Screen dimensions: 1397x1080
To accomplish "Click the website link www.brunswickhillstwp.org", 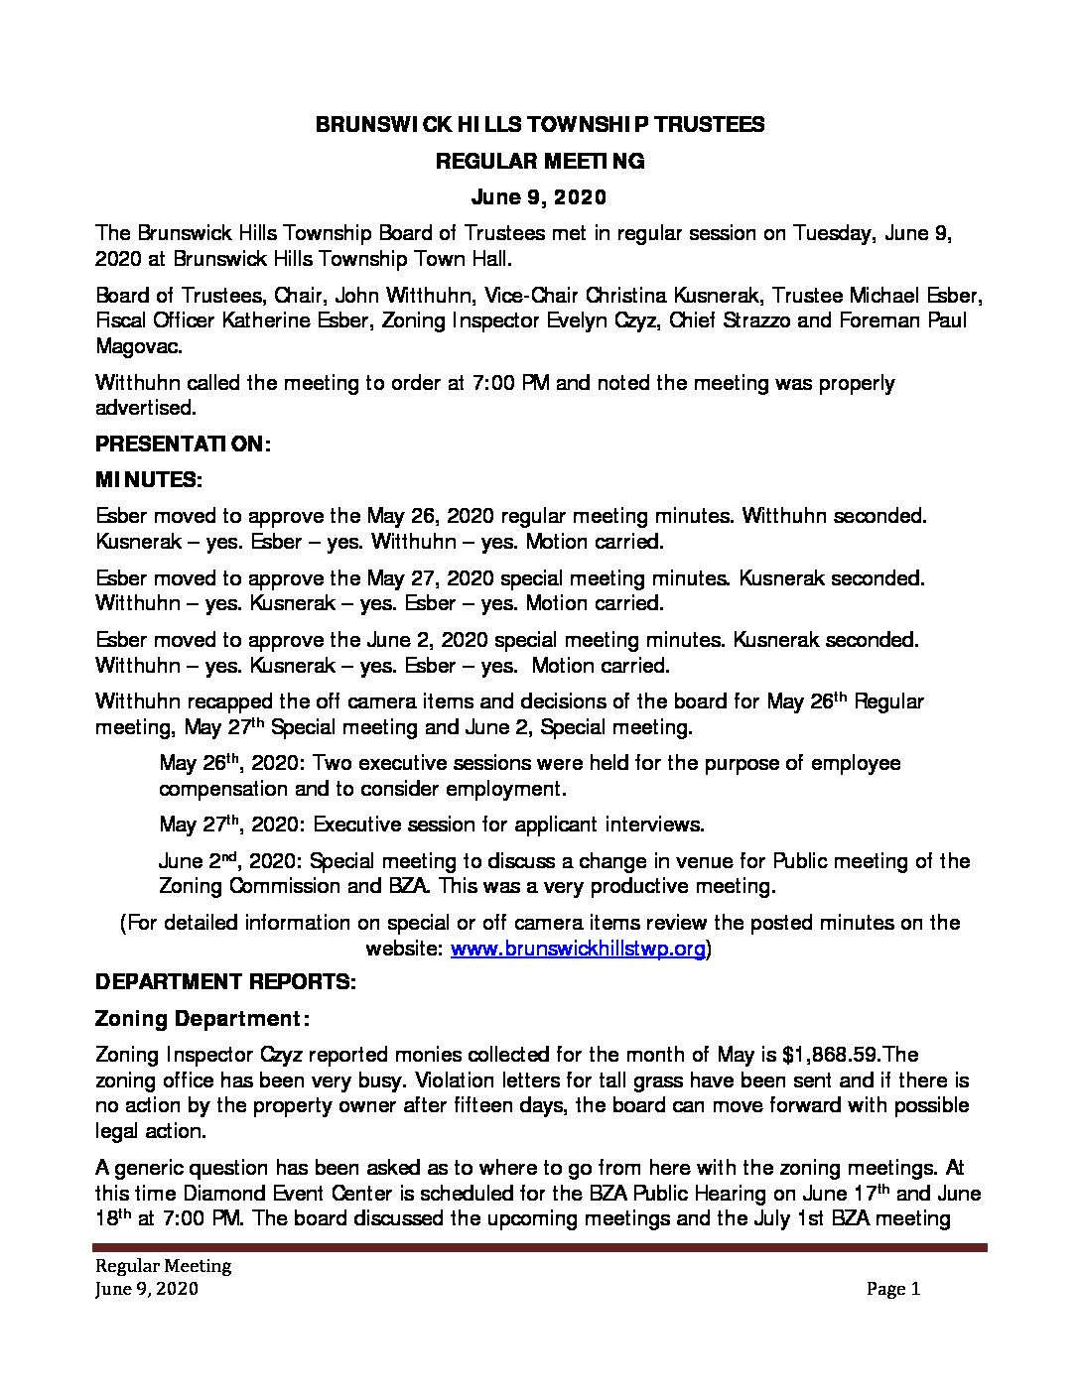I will tap(578, 949).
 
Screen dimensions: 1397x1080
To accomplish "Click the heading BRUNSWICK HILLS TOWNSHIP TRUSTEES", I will tap(540, 124).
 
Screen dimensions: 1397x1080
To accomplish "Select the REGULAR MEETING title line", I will tap(540, 161).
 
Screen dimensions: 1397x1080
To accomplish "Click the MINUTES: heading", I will tap(149, 480).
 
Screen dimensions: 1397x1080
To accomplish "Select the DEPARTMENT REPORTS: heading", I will tap(225, 982).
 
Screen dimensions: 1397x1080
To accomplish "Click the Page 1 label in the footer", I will tap(893, 1289).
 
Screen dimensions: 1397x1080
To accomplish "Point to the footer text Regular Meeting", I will tap(163, 1266).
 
